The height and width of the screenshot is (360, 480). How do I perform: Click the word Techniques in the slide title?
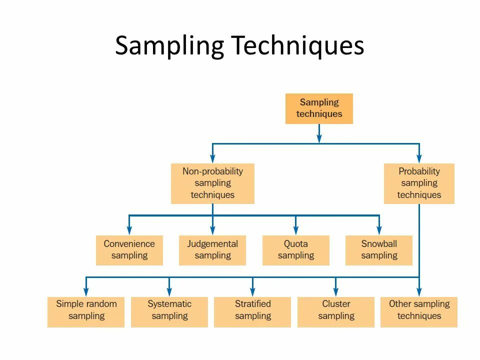297,46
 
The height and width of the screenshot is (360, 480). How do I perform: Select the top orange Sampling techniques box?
319,108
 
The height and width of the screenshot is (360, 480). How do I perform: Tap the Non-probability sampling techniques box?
212,183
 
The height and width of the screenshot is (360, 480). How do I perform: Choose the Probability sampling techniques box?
419,183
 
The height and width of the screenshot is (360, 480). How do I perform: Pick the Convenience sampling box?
129,250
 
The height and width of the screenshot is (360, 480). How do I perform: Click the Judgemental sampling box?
212,250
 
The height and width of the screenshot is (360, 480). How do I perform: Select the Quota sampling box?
296,250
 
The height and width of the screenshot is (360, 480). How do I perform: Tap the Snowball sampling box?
379,250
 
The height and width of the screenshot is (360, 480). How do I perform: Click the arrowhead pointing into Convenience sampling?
129,230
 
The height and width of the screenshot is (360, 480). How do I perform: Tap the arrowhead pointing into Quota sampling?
296,230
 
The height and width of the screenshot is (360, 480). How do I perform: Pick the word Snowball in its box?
379,244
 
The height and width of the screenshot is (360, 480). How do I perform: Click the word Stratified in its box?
252,303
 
